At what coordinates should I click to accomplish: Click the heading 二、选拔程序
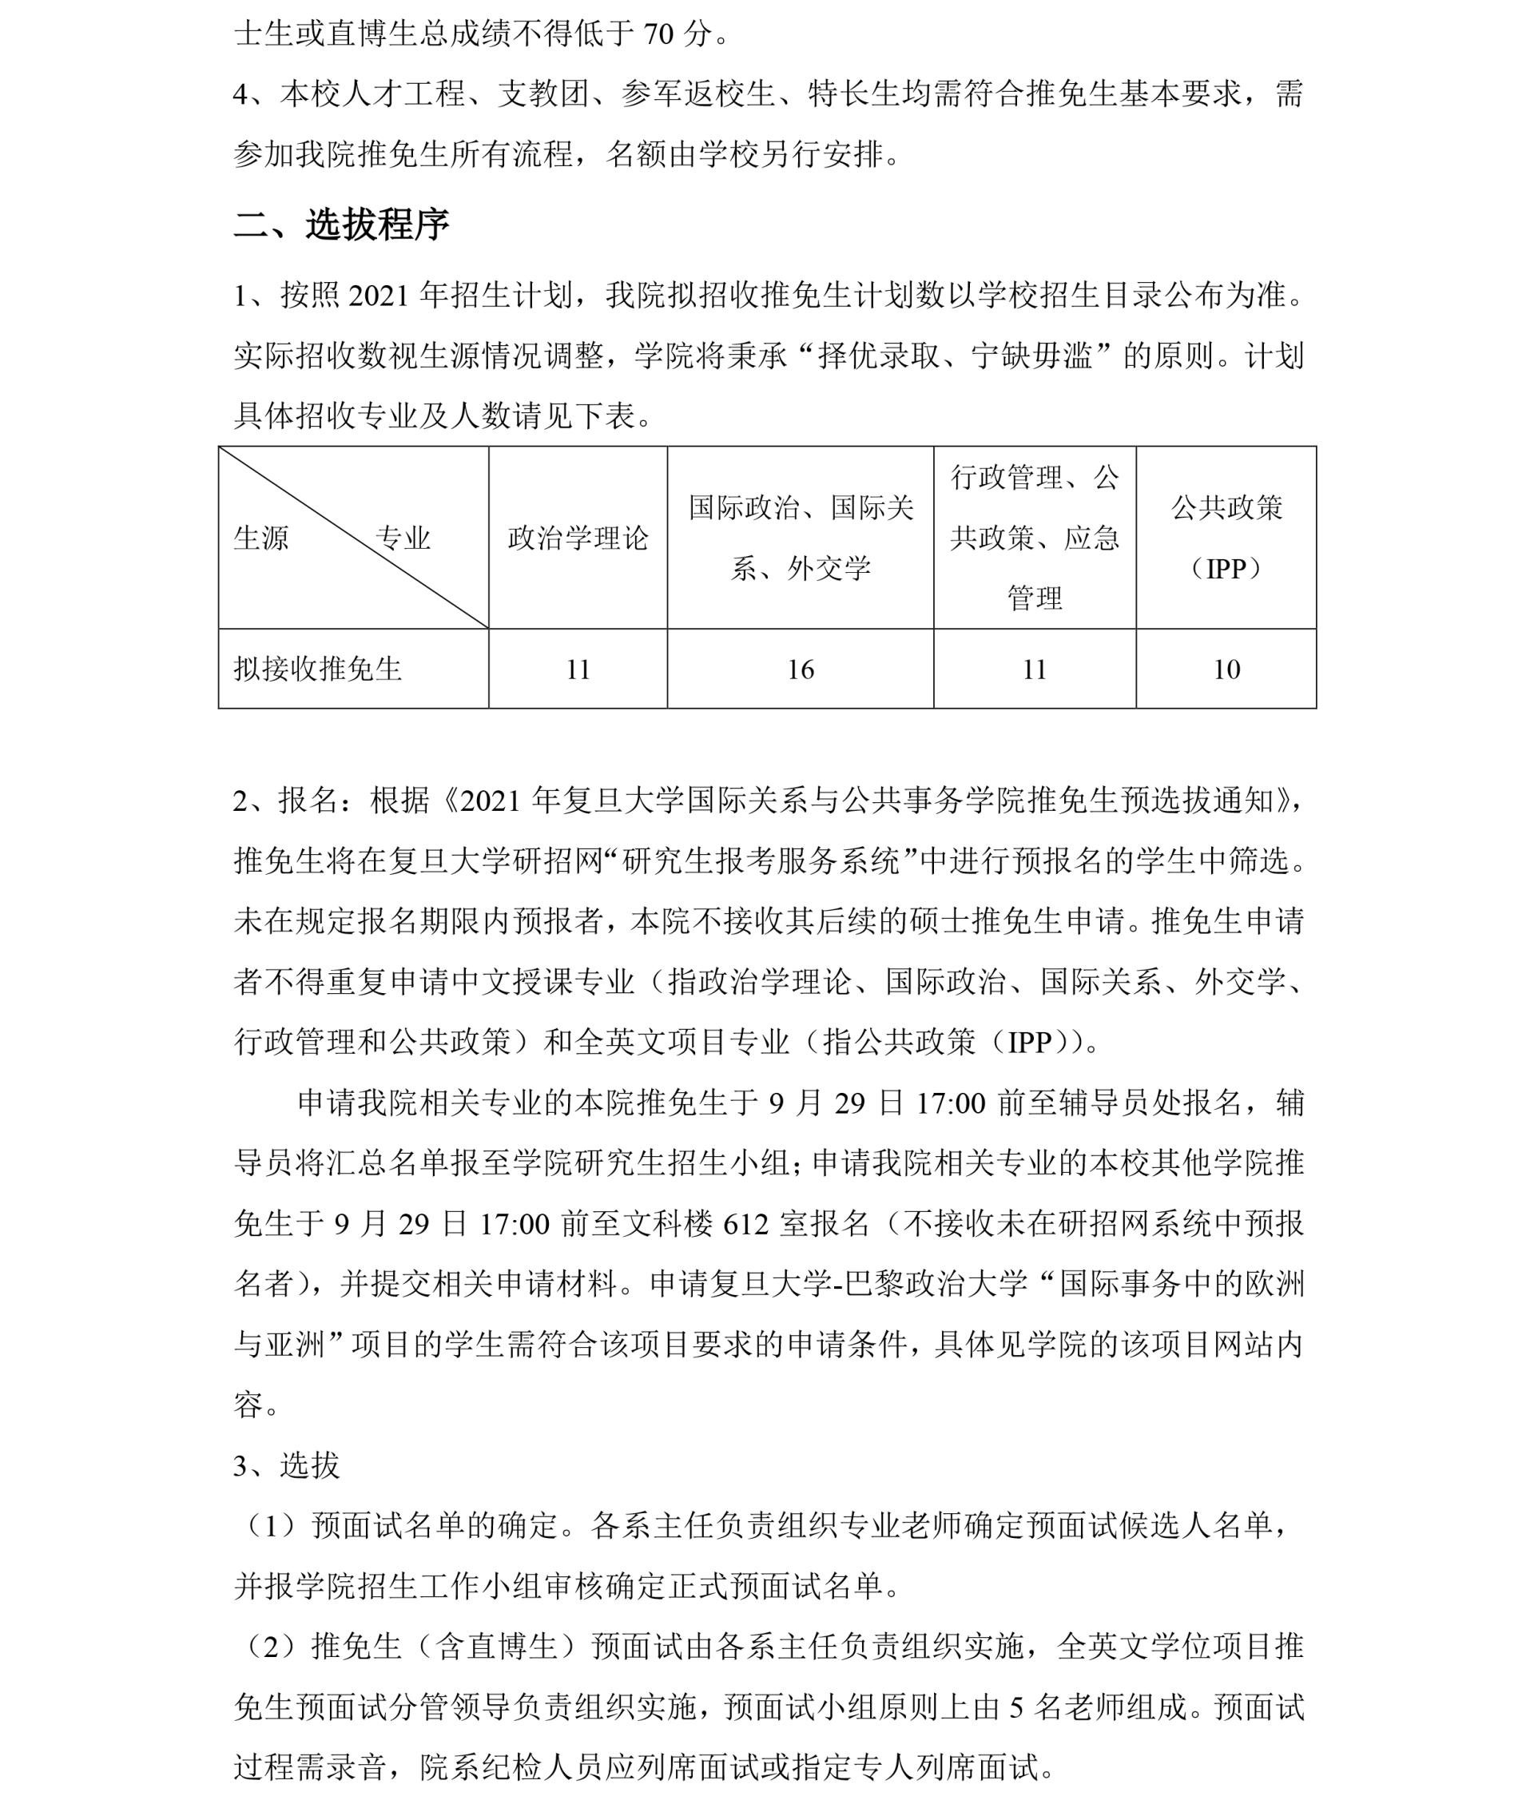pos(341,225)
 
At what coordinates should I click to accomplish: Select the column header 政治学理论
pos(578,538)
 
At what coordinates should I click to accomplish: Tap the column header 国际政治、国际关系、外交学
pos(801,538)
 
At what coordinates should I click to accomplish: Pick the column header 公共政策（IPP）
pos(1226,538)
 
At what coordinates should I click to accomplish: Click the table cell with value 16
pos(801,670)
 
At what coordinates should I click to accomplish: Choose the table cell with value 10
pos(1226,670)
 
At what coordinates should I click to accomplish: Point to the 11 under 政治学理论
pos(578,670)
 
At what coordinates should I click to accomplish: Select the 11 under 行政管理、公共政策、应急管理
pos(1034,670)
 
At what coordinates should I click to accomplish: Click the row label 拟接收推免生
pos(317,670)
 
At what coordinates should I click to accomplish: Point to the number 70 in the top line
pos(658,35)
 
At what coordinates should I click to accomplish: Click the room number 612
pos(745,1224)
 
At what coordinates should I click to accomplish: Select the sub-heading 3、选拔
pos(286,1466)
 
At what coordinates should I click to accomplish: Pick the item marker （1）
pos(272,1526)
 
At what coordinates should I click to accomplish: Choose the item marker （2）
pos(272,1647)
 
